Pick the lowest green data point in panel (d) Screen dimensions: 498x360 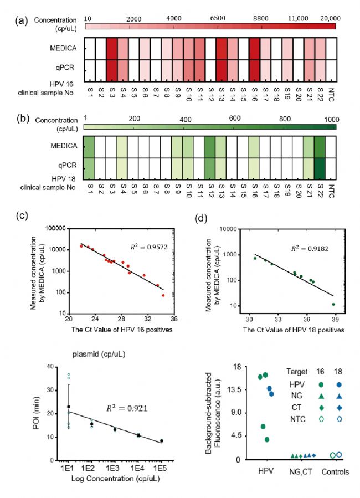coord(333,304)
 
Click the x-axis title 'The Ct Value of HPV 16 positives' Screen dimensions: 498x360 coord(126,330)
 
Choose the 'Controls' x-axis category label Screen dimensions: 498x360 coord(336,472)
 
